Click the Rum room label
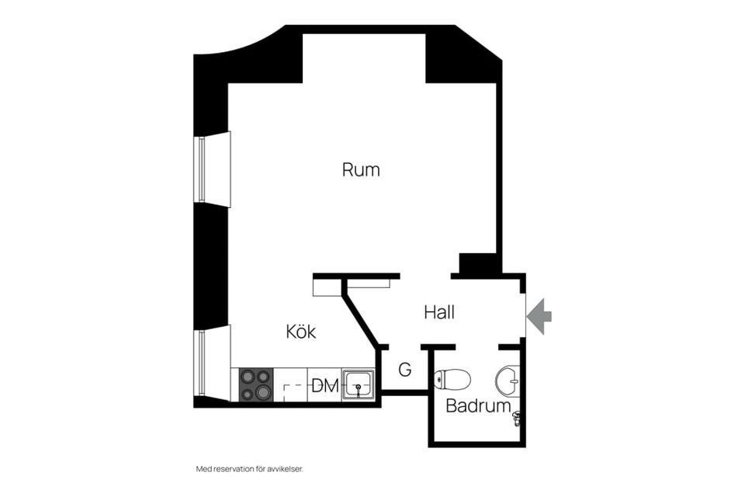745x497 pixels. point(361,170)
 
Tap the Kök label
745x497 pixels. point(301,331)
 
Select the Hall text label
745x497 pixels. point(439,312)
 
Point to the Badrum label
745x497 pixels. point(478,405)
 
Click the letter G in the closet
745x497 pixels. point(405,369)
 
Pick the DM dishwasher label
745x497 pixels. point(325,386)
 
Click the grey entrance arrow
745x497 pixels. point(539,316)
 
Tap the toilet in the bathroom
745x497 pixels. point(452,380)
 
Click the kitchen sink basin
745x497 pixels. point(359,384)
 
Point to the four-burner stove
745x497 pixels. point(255,384)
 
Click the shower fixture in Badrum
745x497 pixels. point(517,419)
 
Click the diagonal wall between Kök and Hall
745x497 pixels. point(362,314)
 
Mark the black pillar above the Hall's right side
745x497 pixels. point(478,263)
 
